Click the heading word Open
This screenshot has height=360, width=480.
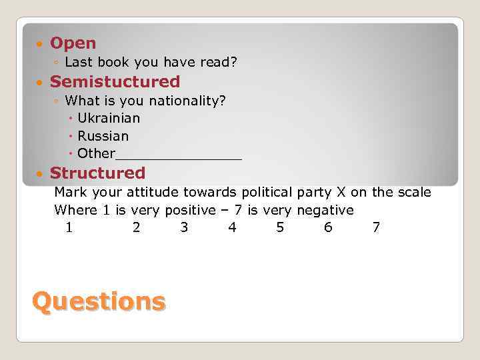(x=73, y=43)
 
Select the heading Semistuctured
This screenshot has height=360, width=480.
(x=115, y=82)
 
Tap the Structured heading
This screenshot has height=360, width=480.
(x=97, y=173)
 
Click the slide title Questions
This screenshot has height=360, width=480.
(x=98, y=301)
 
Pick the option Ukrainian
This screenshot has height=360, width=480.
(x=109, y=118)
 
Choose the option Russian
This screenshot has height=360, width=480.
(x=103, y=136)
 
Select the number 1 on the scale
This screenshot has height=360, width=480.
(x=69, y=227)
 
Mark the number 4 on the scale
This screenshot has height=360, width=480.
(x=232, y=227)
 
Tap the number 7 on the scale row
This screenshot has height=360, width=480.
(x=376, y=227)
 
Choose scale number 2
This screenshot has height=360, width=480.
(x=136, y=227)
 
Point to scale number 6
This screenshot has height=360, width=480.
(x=328, y=227)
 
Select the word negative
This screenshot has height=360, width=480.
(x=325, y=210)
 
